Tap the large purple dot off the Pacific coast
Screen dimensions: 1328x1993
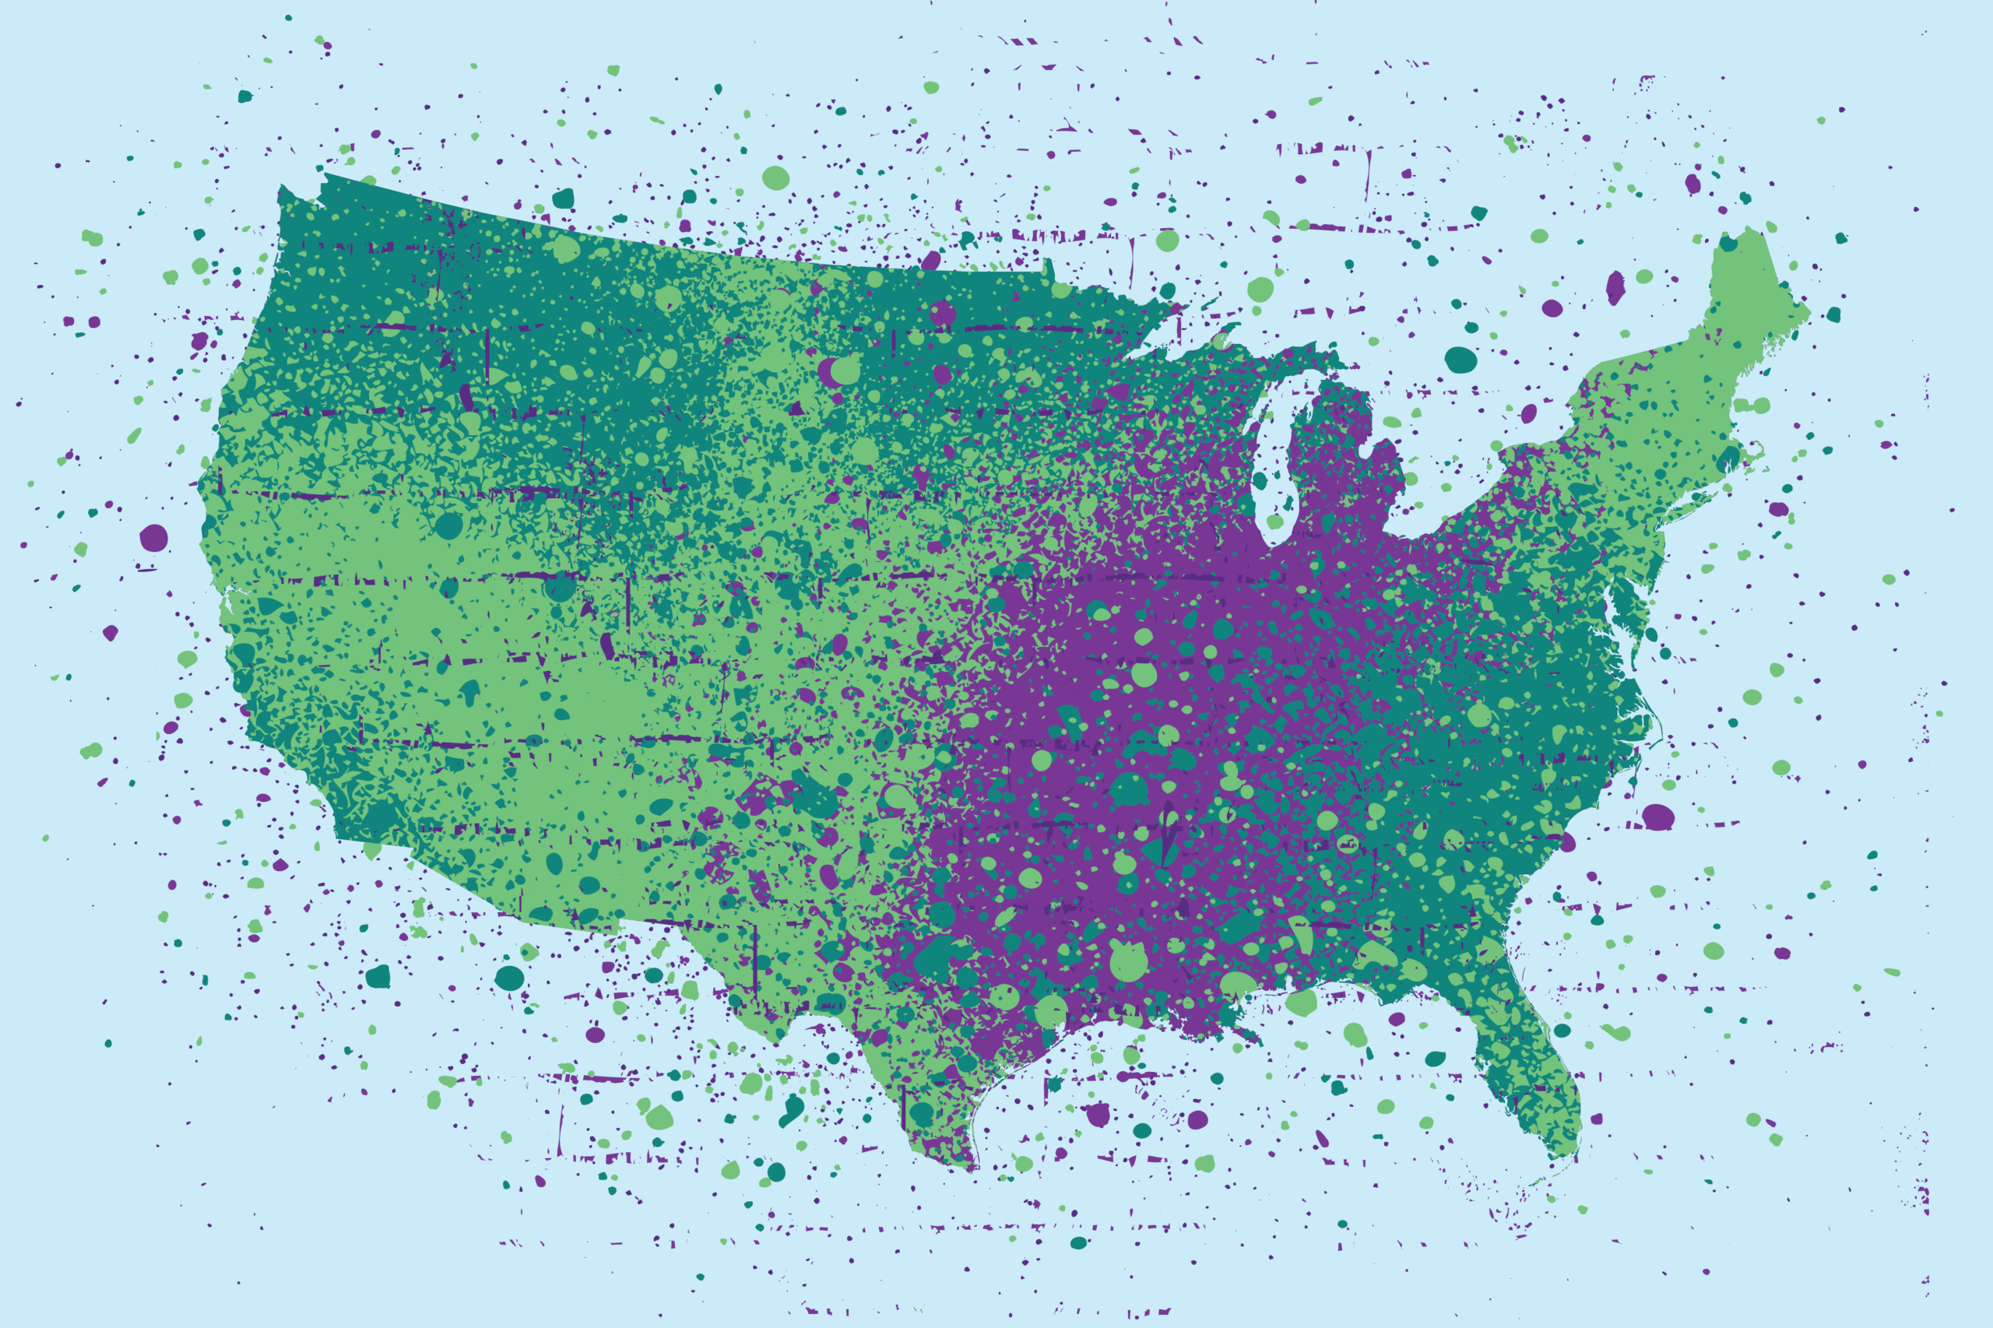coord(153,537)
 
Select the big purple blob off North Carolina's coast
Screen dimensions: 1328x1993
coord(1657,817)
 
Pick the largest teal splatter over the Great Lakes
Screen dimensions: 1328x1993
coord(1460,359)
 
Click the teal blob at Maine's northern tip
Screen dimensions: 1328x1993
coord(1728,244)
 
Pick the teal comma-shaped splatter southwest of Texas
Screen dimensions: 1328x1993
coord(792,1109)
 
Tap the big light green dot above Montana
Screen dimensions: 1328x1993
coord(775,177)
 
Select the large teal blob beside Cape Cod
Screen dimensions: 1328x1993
coord(1728,458)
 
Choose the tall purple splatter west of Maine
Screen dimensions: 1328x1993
coord(1615,287)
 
